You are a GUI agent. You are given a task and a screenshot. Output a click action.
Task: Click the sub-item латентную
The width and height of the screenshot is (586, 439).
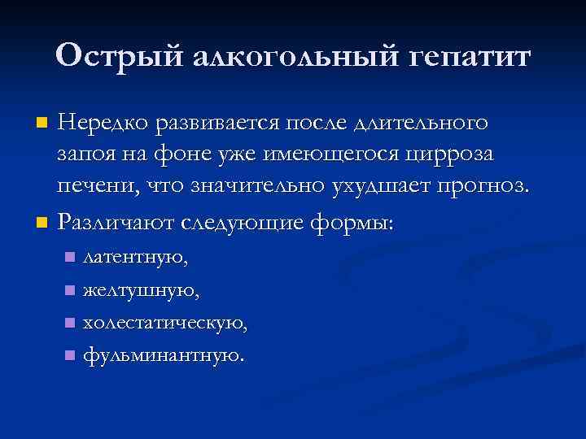tap(135, 258)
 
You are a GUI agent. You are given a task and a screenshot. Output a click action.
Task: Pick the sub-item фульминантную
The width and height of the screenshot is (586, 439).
tap(162, 354)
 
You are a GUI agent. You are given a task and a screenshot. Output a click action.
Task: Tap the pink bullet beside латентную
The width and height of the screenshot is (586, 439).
tap(70, 259)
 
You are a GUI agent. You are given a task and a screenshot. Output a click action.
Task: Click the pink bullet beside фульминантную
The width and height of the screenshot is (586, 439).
tap(70, 355)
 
